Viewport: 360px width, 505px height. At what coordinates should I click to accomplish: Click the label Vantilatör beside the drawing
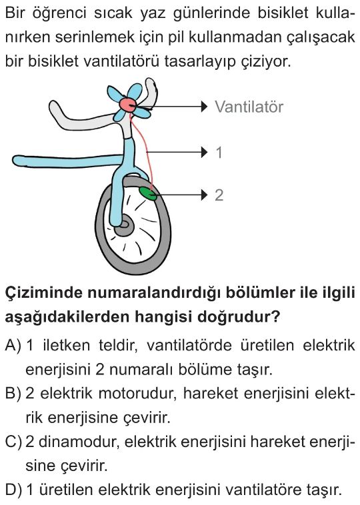pyautogui.click(x=249, y=107)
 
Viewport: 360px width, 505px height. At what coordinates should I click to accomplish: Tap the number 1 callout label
pyautogui.click(x=219, y=153)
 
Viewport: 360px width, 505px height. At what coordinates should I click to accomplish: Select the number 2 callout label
pyautogui.click(x=219, y=195)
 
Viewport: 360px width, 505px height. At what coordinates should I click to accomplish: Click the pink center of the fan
pyautogui.click(x=127, y=105)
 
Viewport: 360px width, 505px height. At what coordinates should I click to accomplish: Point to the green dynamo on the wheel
pyautogui.click(x=148, y=194)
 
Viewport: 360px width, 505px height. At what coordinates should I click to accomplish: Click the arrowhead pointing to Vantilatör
pyautogui.click(x=204, y=107)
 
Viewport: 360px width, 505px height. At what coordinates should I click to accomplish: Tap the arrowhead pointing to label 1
pyautogui.click(x=204, y=152)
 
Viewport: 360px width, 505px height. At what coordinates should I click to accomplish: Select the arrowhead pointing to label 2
pyautogui.click(x=204, y=195)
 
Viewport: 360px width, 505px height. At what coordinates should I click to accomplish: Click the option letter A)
pyautogui.click(x=13, y=346)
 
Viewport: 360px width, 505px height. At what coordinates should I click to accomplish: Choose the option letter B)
pyautogui.click(x=13, y=393)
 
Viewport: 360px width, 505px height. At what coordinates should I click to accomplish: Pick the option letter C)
pyautogui.click(x=13, y=442)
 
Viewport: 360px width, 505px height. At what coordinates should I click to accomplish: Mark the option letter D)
pyautogui.click(x=13, y=490)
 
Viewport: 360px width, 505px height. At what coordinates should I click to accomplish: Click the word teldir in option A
pyautogui.click(x=118, y=346)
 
